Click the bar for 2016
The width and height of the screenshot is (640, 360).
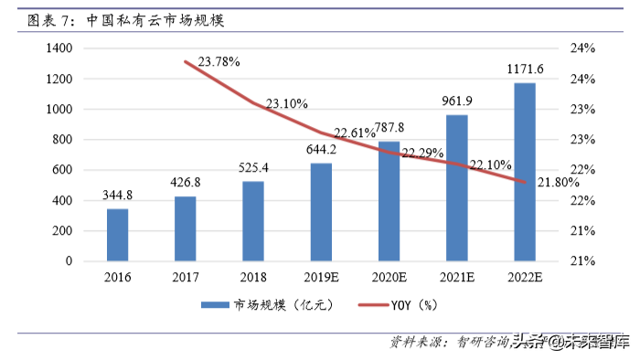(117, 235)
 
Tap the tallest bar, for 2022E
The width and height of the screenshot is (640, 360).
(525, 172)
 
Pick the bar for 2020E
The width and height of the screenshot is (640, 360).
(389, 201)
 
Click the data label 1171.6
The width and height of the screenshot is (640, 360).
(525, 69)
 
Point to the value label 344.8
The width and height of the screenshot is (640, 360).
(117, 196)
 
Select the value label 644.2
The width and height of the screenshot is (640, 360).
(321, 150)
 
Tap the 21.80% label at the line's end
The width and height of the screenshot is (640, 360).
(558, 182)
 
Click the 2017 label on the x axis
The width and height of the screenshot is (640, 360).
(186, 275)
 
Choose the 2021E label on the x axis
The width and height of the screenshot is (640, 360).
(457, 275)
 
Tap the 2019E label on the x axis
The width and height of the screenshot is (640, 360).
(321, 275)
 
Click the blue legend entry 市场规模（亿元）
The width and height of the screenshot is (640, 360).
(265, 304)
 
